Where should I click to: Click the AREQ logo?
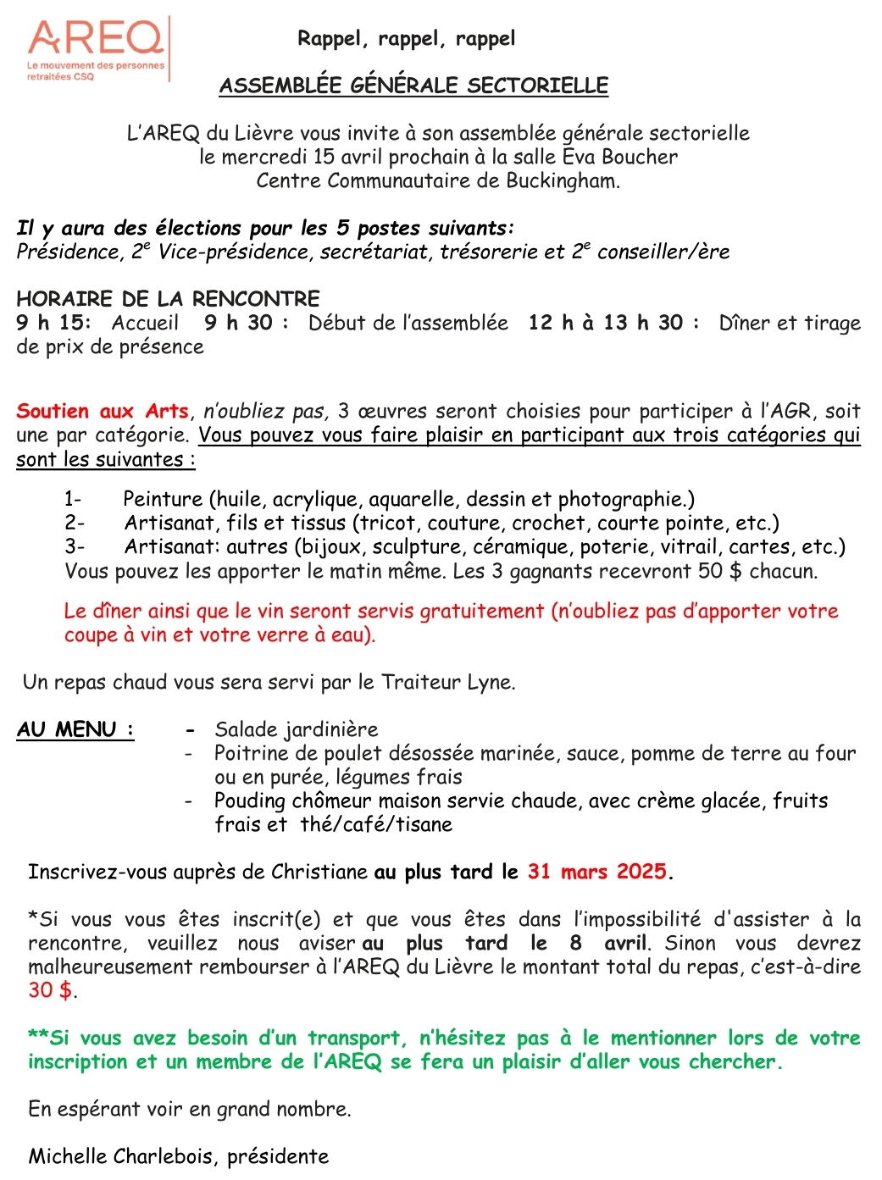96,49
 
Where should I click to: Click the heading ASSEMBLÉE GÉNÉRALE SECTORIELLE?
413,86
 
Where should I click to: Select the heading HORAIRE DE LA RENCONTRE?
168,299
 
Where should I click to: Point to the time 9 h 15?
52,323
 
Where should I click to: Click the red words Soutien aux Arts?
103,412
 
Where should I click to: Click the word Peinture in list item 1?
163,500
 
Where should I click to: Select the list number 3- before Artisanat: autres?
75,547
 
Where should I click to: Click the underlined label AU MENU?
75,729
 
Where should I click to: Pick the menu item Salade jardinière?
296,730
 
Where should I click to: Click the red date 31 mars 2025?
597,873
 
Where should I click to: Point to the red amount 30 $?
50,990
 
